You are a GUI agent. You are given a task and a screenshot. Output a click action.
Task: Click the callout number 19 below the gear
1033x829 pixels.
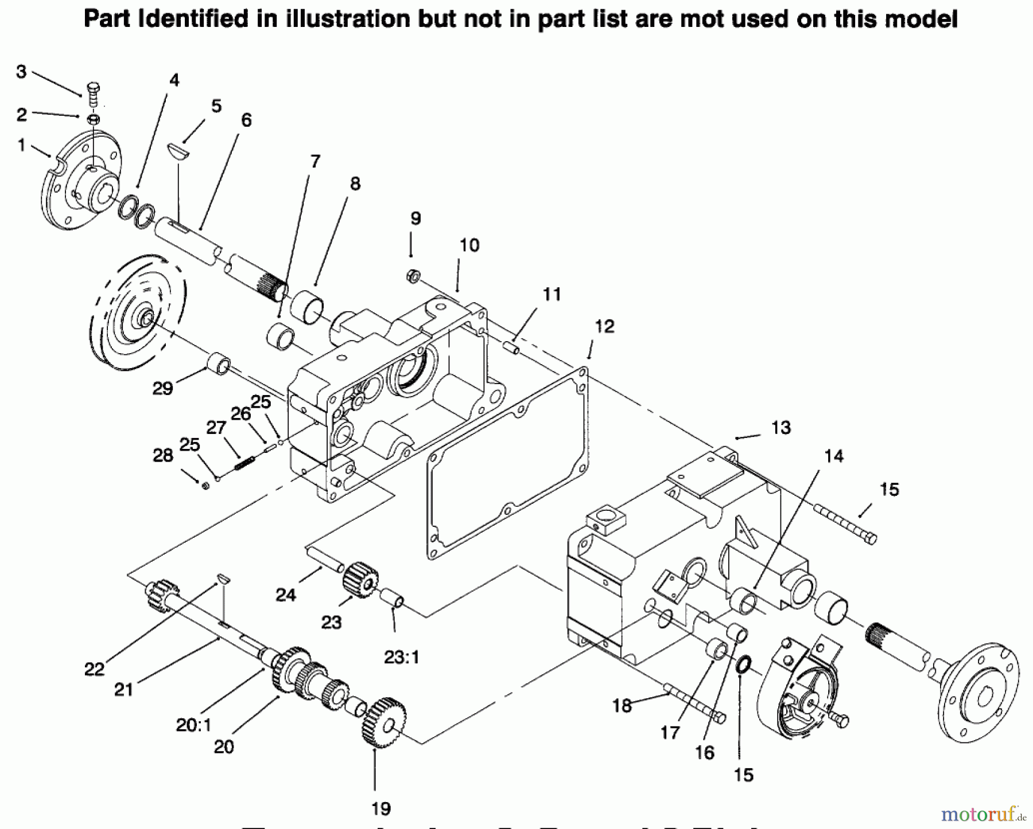380,808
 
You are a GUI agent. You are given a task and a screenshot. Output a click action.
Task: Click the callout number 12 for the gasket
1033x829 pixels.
604,327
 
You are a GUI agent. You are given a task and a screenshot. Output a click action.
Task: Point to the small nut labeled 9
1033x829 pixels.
413,275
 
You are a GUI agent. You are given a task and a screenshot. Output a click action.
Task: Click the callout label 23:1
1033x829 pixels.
402,656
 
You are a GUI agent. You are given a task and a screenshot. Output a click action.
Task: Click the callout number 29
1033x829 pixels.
162,389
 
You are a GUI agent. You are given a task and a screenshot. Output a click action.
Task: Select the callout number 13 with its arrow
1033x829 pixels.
780,428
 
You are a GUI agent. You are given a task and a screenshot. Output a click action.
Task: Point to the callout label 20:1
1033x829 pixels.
193,725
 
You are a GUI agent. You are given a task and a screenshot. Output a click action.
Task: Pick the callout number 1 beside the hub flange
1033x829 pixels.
21,145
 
